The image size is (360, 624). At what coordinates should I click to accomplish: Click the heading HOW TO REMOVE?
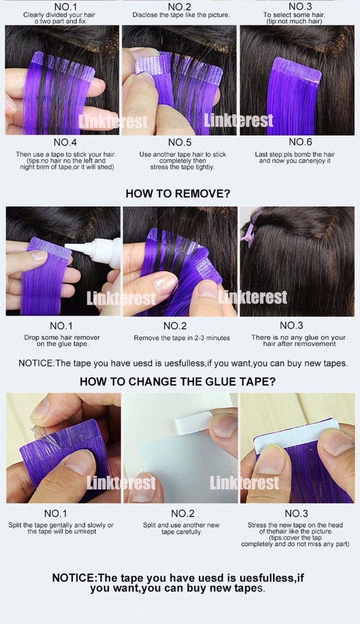tap(178, 193)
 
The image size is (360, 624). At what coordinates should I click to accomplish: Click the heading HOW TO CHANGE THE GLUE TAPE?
tap(177, 381)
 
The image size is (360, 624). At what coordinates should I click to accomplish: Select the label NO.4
tap(65, 142)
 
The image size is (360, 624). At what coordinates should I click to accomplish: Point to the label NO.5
tap(179, 142)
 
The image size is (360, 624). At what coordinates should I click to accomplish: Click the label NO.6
tap(300, 142)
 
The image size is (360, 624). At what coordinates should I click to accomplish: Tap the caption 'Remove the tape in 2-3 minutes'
tap(182, 338)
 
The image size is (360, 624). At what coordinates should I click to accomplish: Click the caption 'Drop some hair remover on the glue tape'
tap(62, 341)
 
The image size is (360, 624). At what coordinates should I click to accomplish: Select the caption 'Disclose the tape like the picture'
tap(181, 15)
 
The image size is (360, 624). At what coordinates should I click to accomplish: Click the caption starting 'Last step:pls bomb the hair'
tap(295, 158)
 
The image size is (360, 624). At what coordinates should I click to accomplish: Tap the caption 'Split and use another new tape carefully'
tap(181, 528)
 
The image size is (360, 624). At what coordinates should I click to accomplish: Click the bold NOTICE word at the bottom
tap(73, 578)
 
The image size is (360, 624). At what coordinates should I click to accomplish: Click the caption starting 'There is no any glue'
tap(299, 341)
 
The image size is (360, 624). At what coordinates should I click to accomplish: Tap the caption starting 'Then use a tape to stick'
tap(66, 161)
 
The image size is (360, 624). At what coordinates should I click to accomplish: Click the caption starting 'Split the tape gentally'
tap(61, 528)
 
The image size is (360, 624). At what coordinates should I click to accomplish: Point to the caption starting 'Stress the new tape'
tap(295, 535)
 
